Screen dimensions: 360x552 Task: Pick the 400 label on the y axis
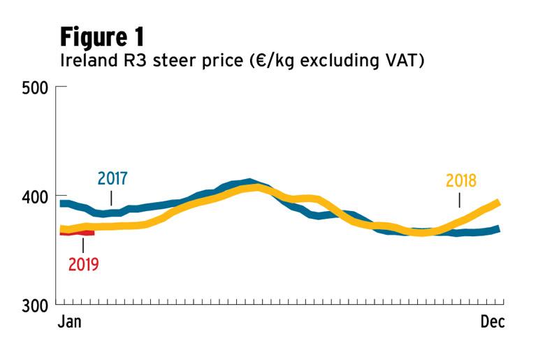(x=35, y=196)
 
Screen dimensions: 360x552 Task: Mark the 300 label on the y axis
(x=35, y=305)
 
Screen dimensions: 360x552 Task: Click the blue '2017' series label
(x=112, y=178)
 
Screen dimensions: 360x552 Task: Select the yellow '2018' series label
(x=461, y=181)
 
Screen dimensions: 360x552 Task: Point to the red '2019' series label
(x=83, y=264)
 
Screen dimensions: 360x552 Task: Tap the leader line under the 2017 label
(x=112, y=197)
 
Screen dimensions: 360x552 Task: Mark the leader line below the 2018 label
(x=459, y=199)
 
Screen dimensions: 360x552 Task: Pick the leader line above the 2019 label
(x=83, y=245)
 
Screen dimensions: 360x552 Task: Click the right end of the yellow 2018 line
(x=498, y=203)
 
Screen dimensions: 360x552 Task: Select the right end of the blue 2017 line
(x=499, y=229)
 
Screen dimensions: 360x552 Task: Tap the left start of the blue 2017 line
(x=61, y=203)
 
